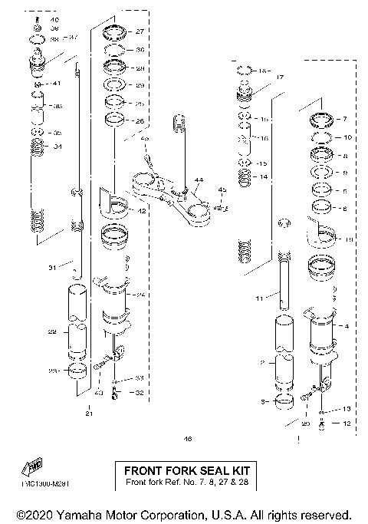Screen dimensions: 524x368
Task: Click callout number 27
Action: pyautogui.click(x=140, y=32)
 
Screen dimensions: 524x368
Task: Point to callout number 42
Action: pyautogui.click(x=142, y=210)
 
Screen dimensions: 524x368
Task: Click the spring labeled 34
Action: pyautogui.click(x=36, y=146)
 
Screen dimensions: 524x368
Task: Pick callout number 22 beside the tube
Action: pyautogui.click(x=52, y=331)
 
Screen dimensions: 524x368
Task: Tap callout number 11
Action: pyautogui.click(x=259, y=296)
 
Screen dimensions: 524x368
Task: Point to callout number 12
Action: pyautogui.click(x=346, y=423)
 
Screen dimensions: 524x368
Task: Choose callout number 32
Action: pyautogui.click(x=139, y=393)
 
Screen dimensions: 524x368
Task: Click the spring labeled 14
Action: pyautogui.click(x=245, y=177)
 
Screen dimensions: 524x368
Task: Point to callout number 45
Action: pyautogui.click(x=222, y=189)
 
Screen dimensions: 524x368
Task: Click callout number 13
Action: pyautogui.click(x=346, y=408)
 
